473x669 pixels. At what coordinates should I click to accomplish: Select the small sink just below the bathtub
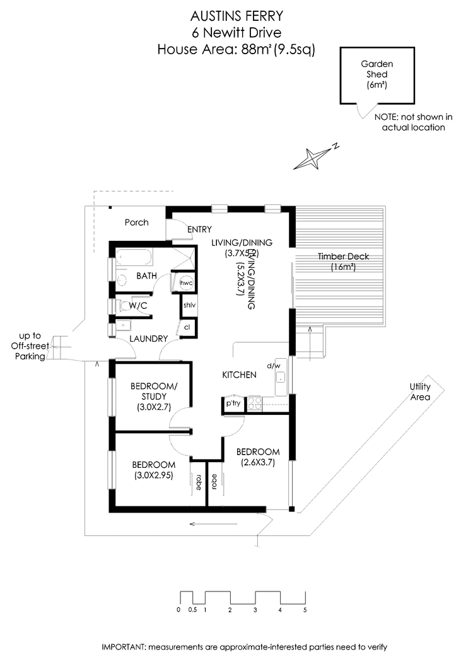tap(122, 273)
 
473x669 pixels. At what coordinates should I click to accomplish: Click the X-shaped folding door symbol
tap(185, 255)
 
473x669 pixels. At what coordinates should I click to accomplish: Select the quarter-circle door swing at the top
tap(178, 229)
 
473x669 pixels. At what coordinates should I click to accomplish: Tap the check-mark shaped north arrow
tap(366, 110)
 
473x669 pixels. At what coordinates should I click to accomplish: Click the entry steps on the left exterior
tap(58, 349)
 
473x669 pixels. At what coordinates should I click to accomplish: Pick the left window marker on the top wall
tap(219, 210)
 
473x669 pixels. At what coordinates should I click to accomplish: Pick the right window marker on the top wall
tap(271, 210)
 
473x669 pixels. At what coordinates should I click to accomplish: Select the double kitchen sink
tap(255, 402)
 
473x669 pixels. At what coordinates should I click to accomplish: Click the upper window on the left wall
tap(112, 397)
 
